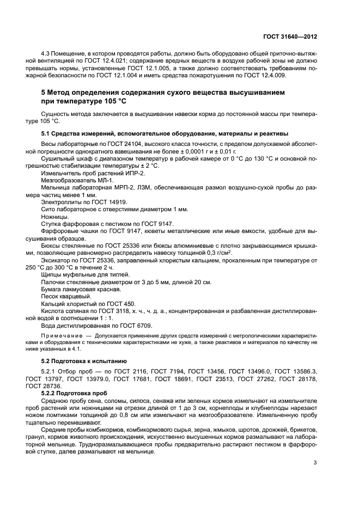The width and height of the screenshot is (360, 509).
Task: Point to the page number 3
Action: tap(315, 463)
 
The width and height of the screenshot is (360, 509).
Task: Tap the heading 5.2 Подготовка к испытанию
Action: tap(84, 361)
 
